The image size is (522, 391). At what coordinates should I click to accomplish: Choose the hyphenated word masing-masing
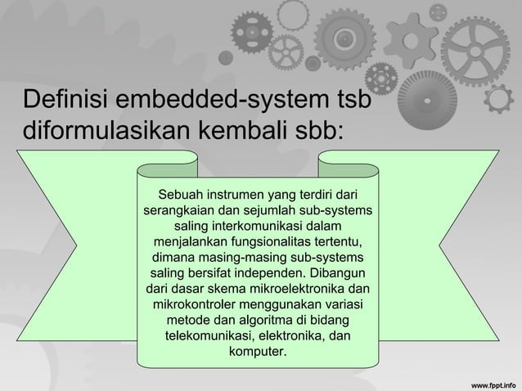(254, 258)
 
